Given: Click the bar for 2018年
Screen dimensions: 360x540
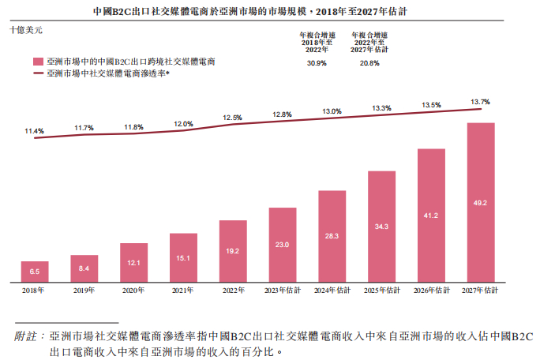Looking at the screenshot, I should coord(34,272).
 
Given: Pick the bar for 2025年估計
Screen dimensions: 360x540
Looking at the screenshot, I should coord(381,227).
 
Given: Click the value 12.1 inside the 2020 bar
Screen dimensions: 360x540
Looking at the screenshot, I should coord(133,263).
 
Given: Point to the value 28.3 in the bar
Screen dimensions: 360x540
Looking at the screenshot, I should coord(332,236).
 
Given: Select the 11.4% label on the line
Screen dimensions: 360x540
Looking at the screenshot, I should coord(34,130).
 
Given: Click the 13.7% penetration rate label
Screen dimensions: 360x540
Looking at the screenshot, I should coord(480,102).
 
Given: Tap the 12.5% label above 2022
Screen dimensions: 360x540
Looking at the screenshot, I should coord(232,117).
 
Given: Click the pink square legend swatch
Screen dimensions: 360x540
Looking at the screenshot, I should coord(37,61).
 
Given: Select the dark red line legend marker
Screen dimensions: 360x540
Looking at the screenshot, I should coord(37,73).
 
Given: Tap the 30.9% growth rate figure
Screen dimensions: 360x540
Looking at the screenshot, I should coord(315,62).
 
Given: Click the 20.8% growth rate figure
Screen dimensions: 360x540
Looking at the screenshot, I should coord(369,62).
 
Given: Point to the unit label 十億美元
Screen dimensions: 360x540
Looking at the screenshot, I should coord(26,29).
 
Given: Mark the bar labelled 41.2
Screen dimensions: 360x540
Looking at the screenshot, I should coord(431,216).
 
